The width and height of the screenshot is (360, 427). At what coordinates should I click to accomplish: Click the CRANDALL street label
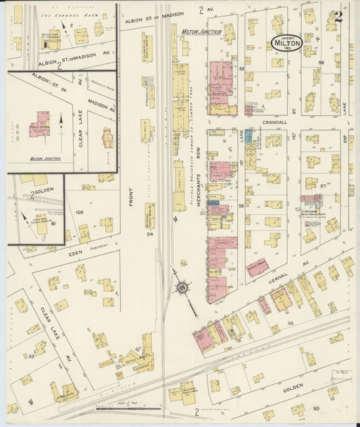coord(273,123)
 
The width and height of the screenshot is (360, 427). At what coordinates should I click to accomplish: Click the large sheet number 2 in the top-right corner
coord(338,17)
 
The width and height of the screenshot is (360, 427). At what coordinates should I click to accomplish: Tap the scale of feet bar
coord(128,408)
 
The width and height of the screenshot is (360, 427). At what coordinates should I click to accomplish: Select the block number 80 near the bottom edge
coord(315,409)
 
